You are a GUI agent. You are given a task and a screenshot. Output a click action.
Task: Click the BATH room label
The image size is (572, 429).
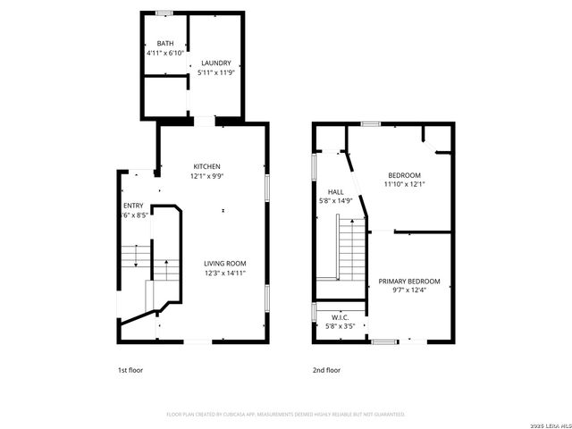click(x=165, y=44)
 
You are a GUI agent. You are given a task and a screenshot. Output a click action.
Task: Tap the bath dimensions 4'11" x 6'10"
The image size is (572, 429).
click(x=165, y=53)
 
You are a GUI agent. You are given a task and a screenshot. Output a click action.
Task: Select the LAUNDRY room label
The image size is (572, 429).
click(x=215, y=63)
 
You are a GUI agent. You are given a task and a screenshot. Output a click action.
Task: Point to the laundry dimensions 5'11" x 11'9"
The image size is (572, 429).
click(x=215, y=71)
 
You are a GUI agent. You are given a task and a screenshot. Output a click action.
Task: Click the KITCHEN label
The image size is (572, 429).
click(x=206, y=167)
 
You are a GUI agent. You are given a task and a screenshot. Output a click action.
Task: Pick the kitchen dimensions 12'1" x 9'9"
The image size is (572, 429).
click(x=206, y=176)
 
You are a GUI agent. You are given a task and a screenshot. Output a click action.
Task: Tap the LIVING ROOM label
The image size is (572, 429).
click(x=224, y=263)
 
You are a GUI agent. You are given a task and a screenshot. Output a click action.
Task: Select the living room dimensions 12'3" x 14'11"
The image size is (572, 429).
click(x=224, y=273)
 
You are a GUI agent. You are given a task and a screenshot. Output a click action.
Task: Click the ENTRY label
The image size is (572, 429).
click(x=133, y=206)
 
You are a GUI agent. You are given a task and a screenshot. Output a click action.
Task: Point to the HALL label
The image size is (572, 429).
click(x=336, y=191)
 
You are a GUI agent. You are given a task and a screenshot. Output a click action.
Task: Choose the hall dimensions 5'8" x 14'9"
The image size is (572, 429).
click(x=336, y=200)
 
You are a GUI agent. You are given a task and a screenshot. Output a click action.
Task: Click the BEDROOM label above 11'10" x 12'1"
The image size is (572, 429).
click(x=404, y=175)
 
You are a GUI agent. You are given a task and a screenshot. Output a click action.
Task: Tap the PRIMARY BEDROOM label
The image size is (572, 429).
click(x=409, y=281)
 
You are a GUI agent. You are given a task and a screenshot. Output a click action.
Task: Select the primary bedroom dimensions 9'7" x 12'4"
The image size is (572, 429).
click(x=409, y=290)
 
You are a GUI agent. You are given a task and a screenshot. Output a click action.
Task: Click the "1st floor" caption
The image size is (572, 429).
click(x=130, y=369)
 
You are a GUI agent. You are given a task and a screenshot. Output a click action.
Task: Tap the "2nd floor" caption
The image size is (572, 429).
click(x=327, y=369)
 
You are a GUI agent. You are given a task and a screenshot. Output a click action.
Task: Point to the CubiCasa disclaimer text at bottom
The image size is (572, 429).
click(x=286, y=414)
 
